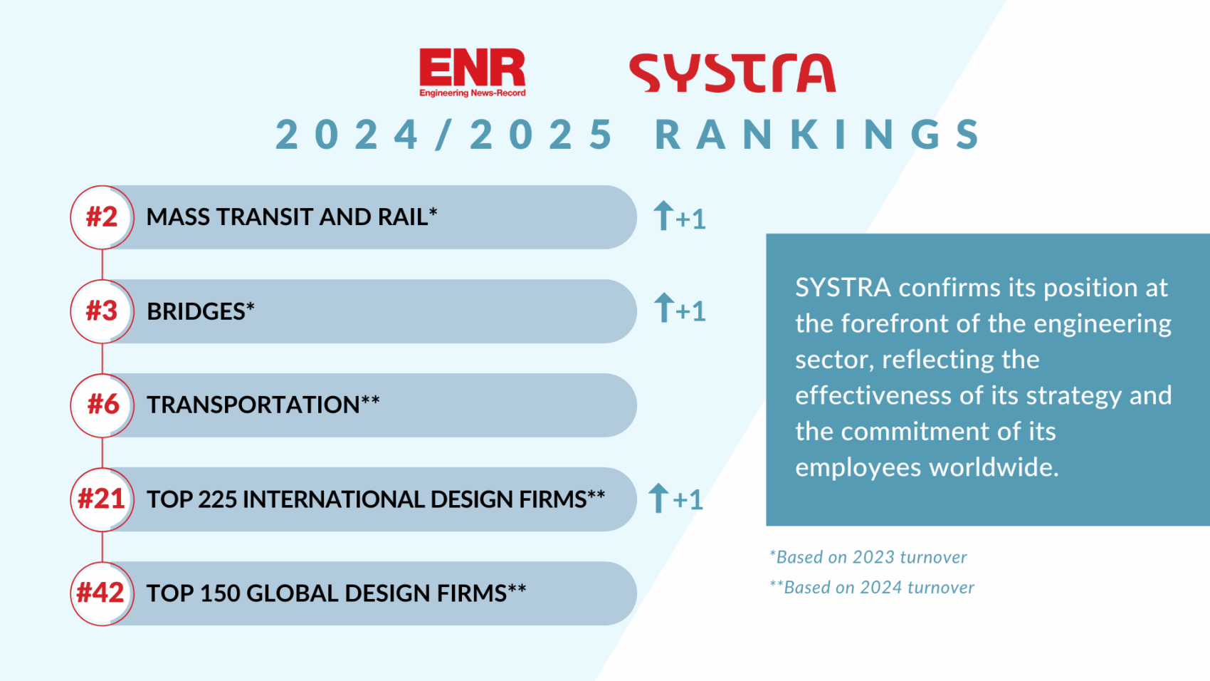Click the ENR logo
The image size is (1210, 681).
(x=472, y=72)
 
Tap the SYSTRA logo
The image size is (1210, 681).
(x=732, y=73)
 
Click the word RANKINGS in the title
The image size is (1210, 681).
(x=818, y=135)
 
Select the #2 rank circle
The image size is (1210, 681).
(x=102, y=217)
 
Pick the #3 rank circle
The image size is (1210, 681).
(x=102, y=311)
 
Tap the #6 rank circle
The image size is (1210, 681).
(x=102, y=405)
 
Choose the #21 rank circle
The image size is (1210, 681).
(x=102, y=499)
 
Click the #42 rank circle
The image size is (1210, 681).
(x=102, y=593)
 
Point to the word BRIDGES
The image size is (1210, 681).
(x=196, y=312)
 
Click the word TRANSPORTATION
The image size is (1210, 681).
(x=253, y=405)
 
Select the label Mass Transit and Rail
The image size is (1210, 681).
(x=288, y=217)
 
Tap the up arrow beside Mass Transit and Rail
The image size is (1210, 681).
(x=663, y=215)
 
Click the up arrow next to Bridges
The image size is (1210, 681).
(x=663, y=308)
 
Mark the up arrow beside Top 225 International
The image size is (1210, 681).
(x=658, y=497)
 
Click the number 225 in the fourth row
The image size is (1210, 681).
(x=217, y=499)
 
